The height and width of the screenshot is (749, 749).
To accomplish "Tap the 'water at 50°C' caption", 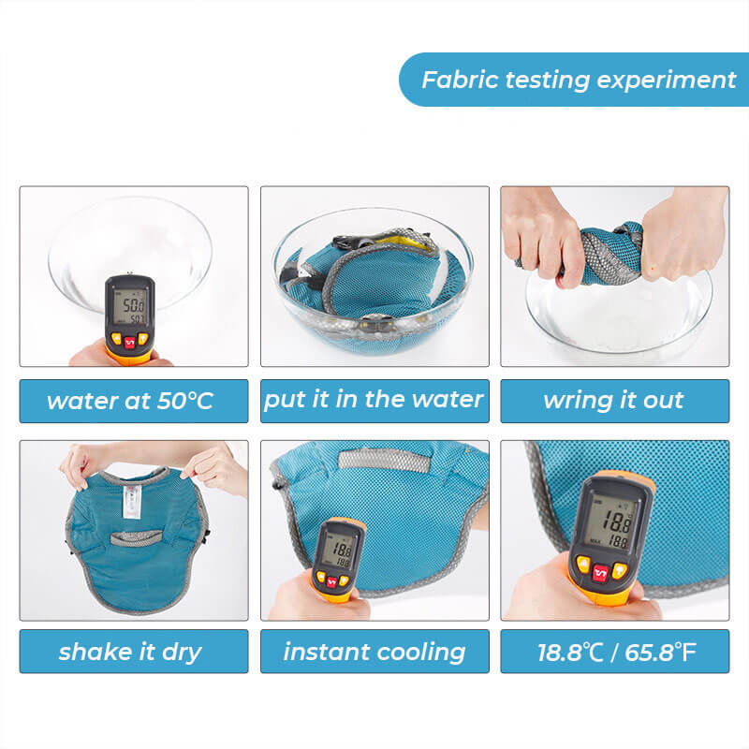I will [131, 402].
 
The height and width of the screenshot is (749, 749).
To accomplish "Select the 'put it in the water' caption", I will [374, 400].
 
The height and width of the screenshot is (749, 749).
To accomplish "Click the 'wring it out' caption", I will [613, 401].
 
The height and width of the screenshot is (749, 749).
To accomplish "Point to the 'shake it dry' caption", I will [130, 652].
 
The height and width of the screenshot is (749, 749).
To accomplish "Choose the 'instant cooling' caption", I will [374, 652].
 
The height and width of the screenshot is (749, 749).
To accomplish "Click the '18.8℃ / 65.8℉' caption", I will [615, 652].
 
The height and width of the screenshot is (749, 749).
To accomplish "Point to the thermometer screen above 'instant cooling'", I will [337, 551].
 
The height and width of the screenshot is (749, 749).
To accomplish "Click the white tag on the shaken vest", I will [132, 500].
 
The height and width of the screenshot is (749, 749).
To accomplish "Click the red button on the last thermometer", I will [600, 572].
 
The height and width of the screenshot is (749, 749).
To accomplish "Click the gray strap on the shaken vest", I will [134, 537].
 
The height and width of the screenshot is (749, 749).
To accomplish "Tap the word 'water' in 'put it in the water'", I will [448, 400].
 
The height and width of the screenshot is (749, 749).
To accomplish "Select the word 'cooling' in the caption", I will [420, 652].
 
